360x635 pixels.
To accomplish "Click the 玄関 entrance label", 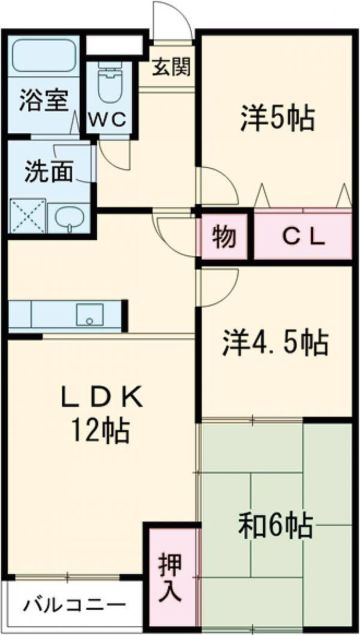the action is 171,67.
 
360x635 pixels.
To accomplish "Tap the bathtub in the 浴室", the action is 44,55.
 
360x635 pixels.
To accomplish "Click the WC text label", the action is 107,120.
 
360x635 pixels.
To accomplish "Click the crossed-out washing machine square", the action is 28,216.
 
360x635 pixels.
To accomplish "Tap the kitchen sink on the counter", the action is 89,314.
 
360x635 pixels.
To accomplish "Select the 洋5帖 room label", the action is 278,118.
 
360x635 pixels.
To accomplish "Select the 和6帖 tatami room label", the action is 276,526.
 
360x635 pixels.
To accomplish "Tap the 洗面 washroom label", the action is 49,171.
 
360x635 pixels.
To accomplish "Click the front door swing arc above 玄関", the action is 181,14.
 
